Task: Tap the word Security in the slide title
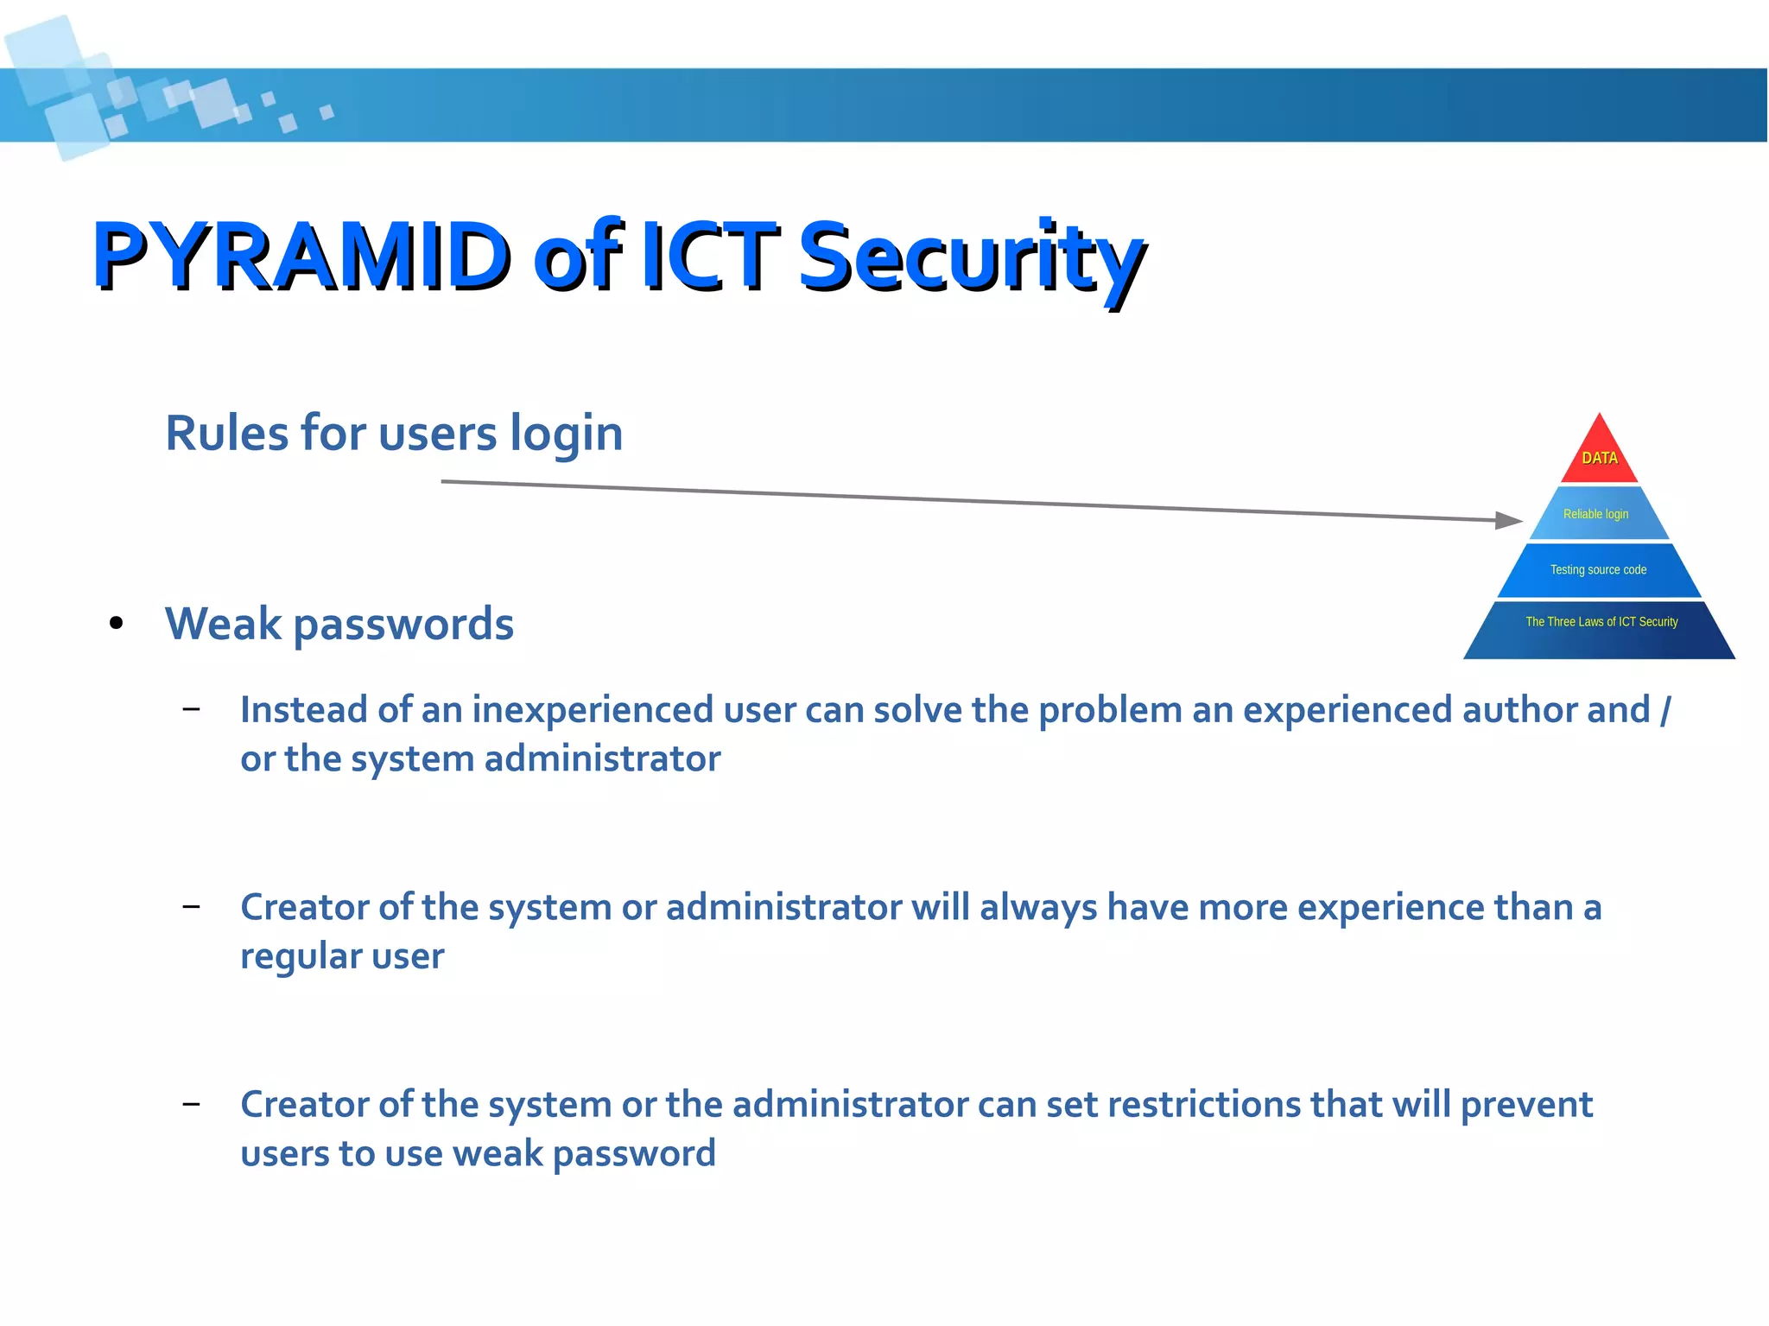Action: coord(971,257)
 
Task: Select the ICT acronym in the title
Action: coord(708,257)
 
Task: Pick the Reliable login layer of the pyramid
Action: coord(1596,514)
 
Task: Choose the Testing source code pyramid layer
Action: coord(1598,570)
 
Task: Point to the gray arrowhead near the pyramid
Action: coord(1507,520)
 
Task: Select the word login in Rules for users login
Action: coord(566,434)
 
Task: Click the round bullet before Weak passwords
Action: coord(117,624)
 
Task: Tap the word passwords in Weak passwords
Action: coord(403,625)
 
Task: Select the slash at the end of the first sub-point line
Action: coord(1664,710)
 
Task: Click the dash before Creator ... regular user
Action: coord(192,906)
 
